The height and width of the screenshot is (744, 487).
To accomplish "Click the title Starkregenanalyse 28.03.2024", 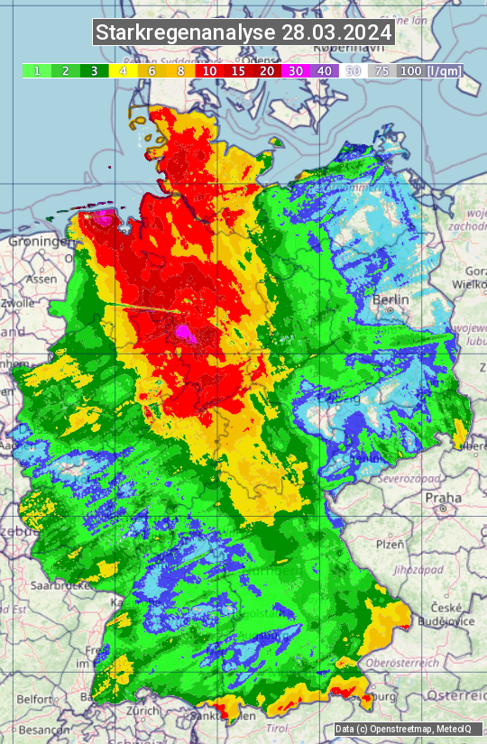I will coord(243,32).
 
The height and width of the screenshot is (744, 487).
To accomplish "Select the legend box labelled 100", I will coord(410,70).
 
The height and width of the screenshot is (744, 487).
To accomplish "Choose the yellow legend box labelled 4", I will coord(122,70).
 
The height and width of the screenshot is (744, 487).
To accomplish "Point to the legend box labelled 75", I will coord(381,70).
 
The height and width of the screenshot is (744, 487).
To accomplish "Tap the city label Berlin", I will coord(391,299).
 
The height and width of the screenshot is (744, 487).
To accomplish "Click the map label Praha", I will coord(443,498).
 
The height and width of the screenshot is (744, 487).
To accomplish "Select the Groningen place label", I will coord(40,242).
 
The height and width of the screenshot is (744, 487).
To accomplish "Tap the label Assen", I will coord(41,280).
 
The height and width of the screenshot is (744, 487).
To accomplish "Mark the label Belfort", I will coord(34,699).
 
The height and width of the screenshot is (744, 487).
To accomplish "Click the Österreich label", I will coord(456,695).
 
